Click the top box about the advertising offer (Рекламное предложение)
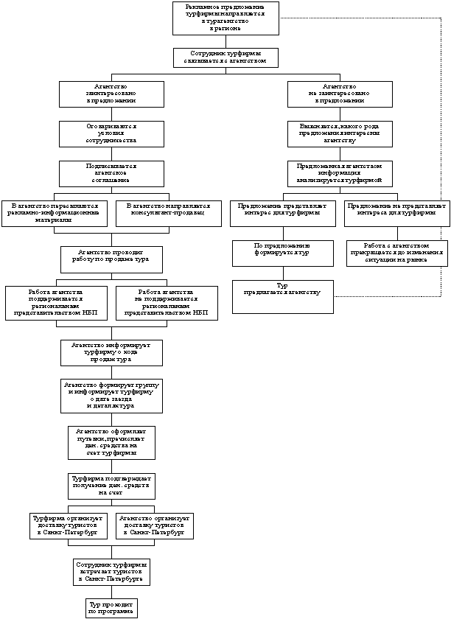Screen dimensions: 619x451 pyautogui.click(x=225, y=18)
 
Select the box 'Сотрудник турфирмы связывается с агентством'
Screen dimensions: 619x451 pyautogui.click(x=225, y=57)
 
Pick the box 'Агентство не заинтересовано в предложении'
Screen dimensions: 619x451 pyautogui.click(x=340, y=94)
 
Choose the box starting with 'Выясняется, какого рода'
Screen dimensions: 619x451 pyautogui.click(x=340, y=133)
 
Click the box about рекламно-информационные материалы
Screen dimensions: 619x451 pyautogui.click(x=55, y=212)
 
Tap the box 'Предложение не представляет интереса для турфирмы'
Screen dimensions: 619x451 pyautogui.click(x=396, y=212)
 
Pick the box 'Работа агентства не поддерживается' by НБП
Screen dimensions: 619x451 pyautogui.click(x=167, y=303)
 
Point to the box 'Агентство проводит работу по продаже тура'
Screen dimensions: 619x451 pyautogui.click(x=111, y=259)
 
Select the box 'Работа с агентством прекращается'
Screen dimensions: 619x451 pyautogui.click(x=396, y=252)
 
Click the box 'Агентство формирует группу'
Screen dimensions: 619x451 pyautogui.click(x=111, y=395)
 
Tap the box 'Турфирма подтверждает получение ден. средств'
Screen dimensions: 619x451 pyautogui.click(x=111, y=486)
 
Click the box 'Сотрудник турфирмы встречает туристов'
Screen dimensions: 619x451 pyautogui.click(x=111, y=571)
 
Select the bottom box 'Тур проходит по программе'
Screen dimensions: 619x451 pyautogui.click(x=111, y=607)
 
